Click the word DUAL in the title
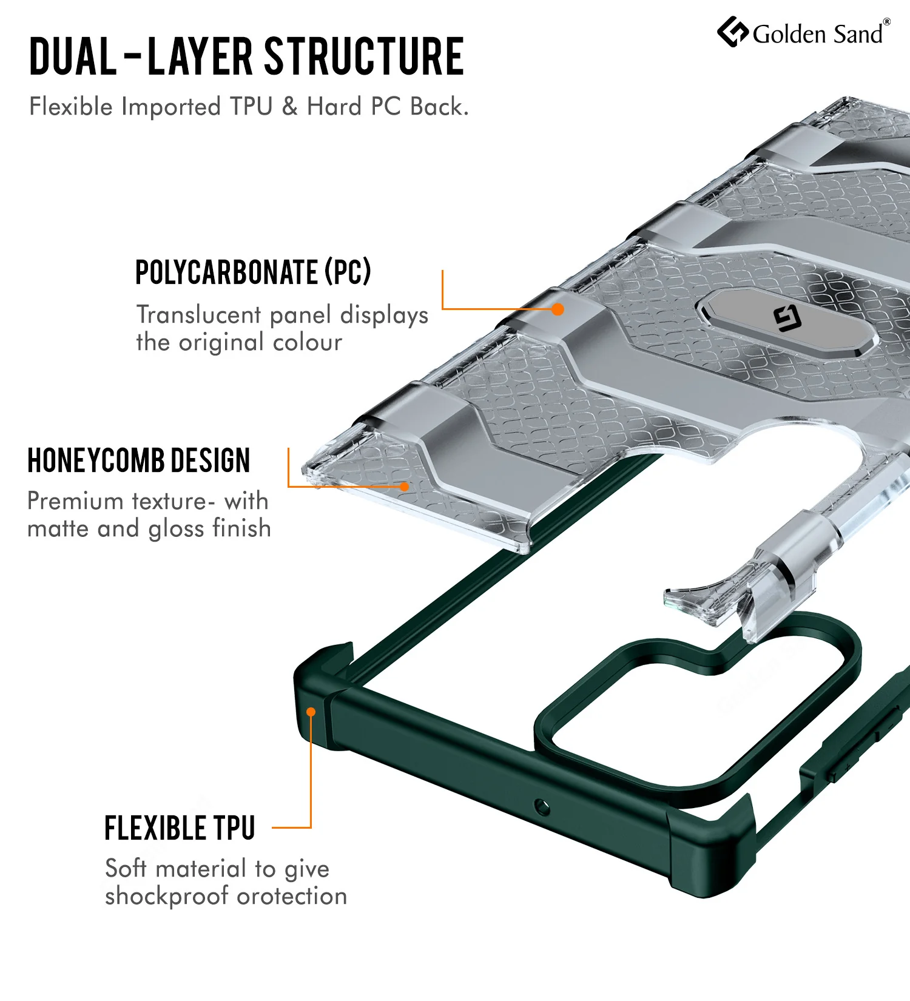point(73,56)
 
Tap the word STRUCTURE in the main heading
point(365,56)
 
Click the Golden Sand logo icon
point(733,32)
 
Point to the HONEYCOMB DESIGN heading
point(139,460)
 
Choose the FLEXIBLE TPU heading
point(180,828)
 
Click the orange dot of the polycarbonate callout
point(558,309)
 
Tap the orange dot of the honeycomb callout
point(404,486)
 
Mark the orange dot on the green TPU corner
point(311,712)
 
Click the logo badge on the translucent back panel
point(787,320)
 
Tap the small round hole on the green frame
point(542,807)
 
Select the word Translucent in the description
point(199,314)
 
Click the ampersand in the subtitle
point(290,106)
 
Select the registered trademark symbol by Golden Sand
point(887,22)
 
